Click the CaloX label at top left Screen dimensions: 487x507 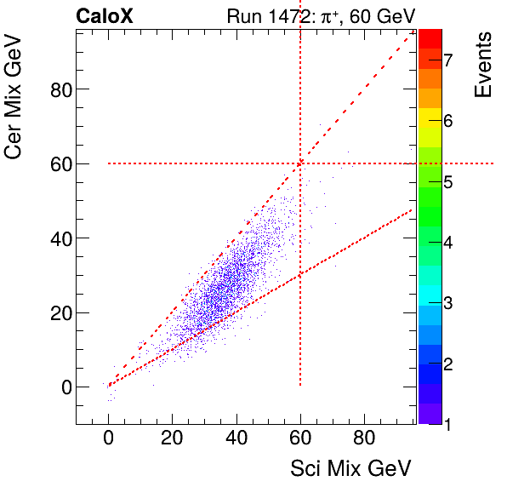coord(104,15)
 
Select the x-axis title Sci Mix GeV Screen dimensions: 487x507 coord(351,467)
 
